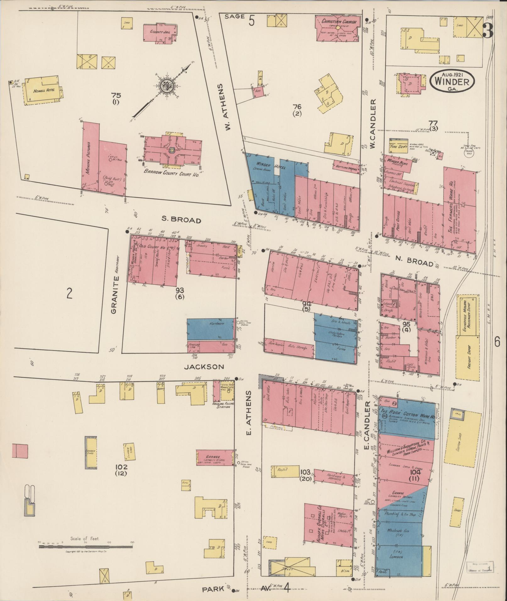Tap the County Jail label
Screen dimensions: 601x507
coord(158,32)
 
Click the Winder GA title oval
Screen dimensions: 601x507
coord(452,81)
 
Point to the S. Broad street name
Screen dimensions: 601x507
coord(181,220)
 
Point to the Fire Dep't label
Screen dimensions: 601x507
coord(398,146)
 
